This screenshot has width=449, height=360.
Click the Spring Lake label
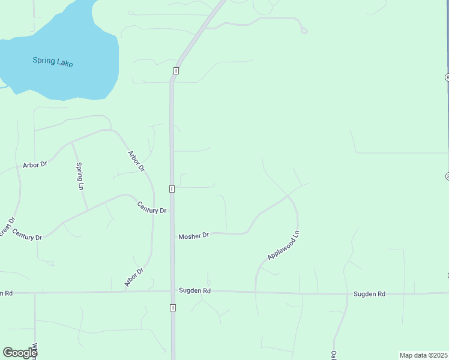pyautogui.click(x=53, y=61)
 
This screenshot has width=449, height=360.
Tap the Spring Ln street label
pyautogui.click(x=79, y=176)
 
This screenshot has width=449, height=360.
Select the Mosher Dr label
pyautogui.click(x=193, y=236)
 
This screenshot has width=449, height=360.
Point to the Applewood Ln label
pyautogui.click(x=283, y=245)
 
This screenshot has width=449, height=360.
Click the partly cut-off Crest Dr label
pyautogui.click(x=5, y=230)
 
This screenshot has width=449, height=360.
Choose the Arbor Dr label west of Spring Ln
pyautogui.click(x=35, y=164)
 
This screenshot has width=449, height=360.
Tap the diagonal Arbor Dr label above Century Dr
pyautogui.click(x=136, y=161)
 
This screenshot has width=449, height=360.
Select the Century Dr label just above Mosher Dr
pyautogui.click(x=151, y=208)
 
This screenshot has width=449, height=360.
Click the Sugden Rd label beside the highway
pyautogui.click(x=194, y=291)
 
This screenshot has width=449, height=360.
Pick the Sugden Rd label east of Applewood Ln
pyautogui.click(x=369, y=294)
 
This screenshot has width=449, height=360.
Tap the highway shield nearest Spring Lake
pyautogui.click(x=175, y=71)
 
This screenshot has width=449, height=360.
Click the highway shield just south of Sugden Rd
pyautogui.click(x=173, y=308)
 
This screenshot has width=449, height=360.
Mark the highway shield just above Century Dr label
pyautogui.click(x=172, y=189)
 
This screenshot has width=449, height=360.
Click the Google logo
pyautogui.click(x=20, y=353)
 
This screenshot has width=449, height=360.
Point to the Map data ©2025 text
pyautogui.click(x=423, y=355)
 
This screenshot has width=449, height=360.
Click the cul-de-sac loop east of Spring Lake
pyautogui.click(x=305, y=31)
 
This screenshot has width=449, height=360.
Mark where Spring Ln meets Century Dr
pyautogui.click(x=88, y=209)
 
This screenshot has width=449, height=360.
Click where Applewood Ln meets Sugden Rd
pyautogui.click(x=256, y=292)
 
